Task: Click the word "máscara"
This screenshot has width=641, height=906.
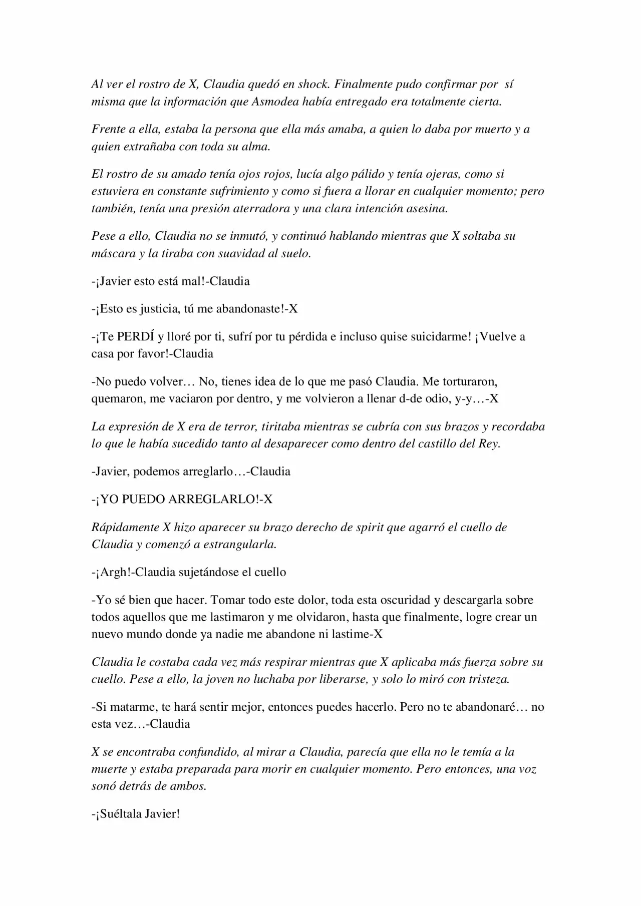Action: pyautogui.click(x=111, y=253)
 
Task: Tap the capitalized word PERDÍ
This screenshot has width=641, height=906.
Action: pyautogui.click(x=136, y=336)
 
